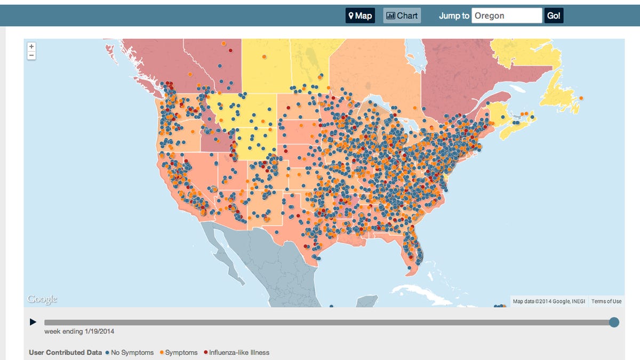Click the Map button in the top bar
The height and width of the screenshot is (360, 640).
pyautogui.click(x=360, y=16)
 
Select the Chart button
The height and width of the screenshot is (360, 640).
pyautogui.click(x=402, y=16)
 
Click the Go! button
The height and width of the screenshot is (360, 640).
pyautogui.click(x=554, y=16)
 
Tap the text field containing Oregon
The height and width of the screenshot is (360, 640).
pyautogui.click(x=507, y=16)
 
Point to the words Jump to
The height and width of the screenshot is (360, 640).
pyautogui.click(x=454, y=16)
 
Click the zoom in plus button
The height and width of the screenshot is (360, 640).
pyautogui.click(x=31, y=46)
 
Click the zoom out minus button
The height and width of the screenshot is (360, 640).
pyautogui.click(x=31, y=55)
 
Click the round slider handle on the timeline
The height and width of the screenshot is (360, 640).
pyautogui.click(x=614, y=322)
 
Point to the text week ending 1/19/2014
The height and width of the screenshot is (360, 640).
pyautogui.click(x=79, y=332)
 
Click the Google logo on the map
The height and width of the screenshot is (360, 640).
pyautogui.click(x=42, y=299)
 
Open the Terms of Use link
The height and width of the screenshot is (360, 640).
pyautogui.click(x=606, y=301)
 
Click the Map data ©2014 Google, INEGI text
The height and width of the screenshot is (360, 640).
pyautogui.click(x=549, y=301)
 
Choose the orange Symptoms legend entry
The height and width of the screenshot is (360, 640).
pyautogui.click(x=181, y=353)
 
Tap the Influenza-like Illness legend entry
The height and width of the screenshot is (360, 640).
pyautogui.click(x=239, y=353)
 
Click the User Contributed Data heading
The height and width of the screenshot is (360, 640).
pyautogui.click(x=65, y=353)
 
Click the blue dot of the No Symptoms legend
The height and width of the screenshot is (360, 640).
pyautogui.click(x=108, y=353)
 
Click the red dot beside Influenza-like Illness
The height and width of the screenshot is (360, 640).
pyautogui.click(x=206, y=353)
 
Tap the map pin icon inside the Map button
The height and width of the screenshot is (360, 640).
pyautogui.click(x=351, y=16)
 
